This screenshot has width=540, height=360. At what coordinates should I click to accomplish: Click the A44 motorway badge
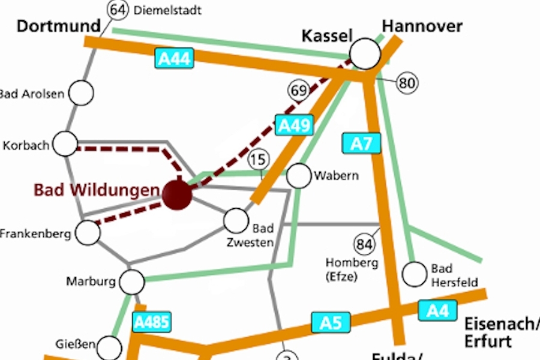click(175, 58)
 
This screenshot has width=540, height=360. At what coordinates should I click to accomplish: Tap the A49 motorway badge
click(295, 125)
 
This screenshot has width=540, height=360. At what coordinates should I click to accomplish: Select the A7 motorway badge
click(361, 143)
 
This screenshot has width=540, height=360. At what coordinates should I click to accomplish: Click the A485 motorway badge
click(152, 322)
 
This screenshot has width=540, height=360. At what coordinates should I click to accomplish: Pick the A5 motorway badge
click(331, 323)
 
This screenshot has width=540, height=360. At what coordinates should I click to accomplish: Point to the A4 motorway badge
click(437, 310)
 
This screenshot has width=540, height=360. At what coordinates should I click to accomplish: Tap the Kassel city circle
click(365, 54)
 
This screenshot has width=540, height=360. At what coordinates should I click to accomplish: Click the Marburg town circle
click(132, 281)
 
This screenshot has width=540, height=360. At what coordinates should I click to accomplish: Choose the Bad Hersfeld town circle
click(413, 274)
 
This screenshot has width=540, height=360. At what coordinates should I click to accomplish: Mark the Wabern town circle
click(299, 176)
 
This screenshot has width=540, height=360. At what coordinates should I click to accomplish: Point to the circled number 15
click(259, 160)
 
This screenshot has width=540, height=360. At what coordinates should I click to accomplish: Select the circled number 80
click(407, 83)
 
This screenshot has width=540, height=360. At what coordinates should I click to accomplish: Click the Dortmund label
click(58, 26)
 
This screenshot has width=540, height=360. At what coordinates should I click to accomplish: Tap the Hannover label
click(422, 26)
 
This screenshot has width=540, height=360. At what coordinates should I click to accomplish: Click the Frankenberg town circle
click(88, 233)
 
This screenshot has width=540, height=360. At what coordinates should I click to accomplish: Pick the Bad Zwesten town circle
click(236, 220)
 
